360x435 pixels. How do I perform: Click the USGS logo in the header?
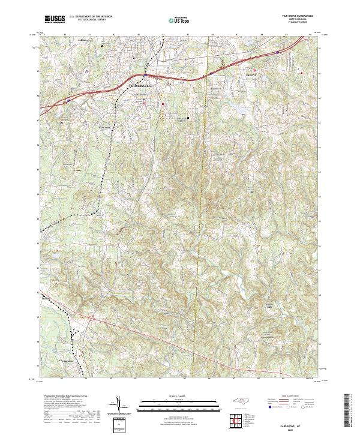tap(55, 19)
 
